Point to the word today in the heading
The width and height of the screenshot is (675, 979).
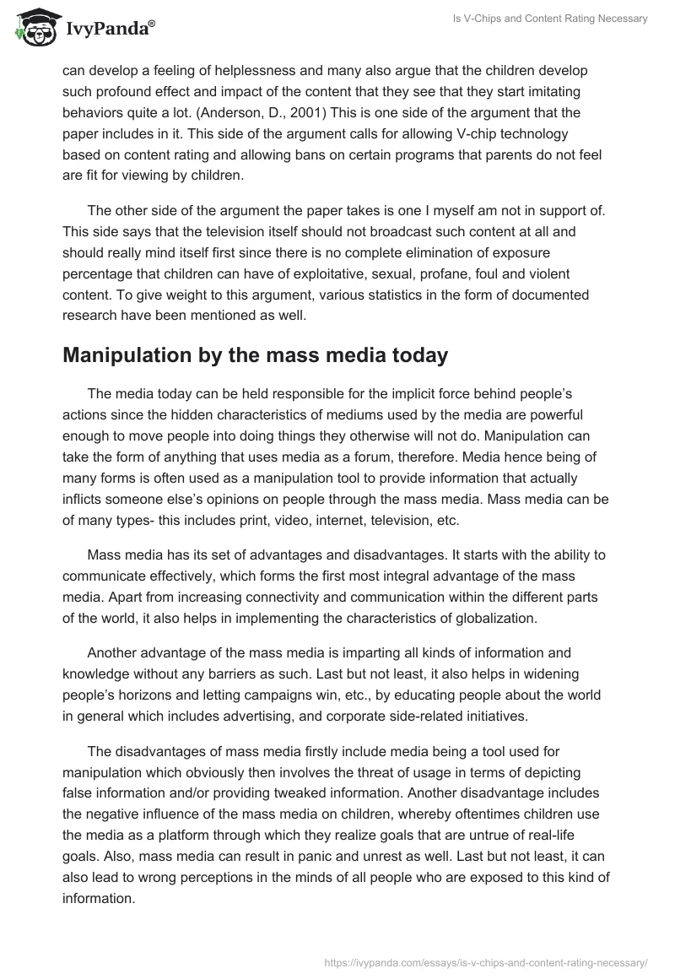(413, 355)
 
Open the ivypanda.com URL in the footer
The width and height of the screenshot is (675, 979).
(486, 961)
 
